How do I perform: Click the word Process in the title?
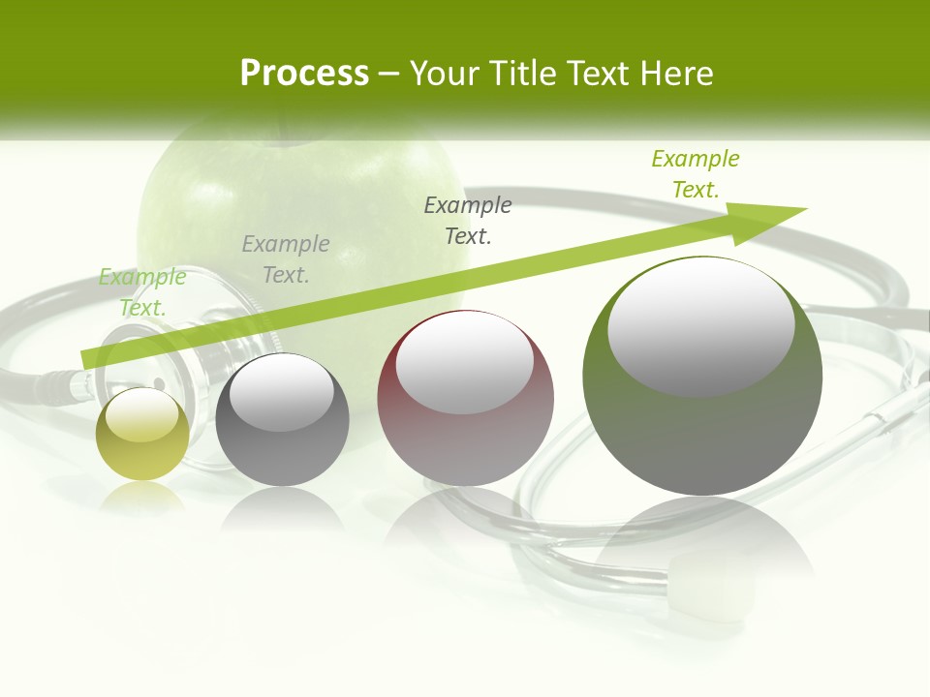click(x=304, y=74)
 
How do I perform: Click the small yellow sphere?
click(x=142, y=435)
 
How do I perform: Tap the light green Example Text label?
click(x=142, y=292)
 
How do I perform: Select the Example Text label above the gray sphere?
click(x=286, y=259)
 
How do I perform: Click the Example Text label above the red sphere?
click(x=468, y=220)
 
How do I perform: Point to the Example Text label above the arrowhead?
click(x=696, y=174)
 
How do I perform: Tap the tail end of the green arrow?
click(x=85, y=358)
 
